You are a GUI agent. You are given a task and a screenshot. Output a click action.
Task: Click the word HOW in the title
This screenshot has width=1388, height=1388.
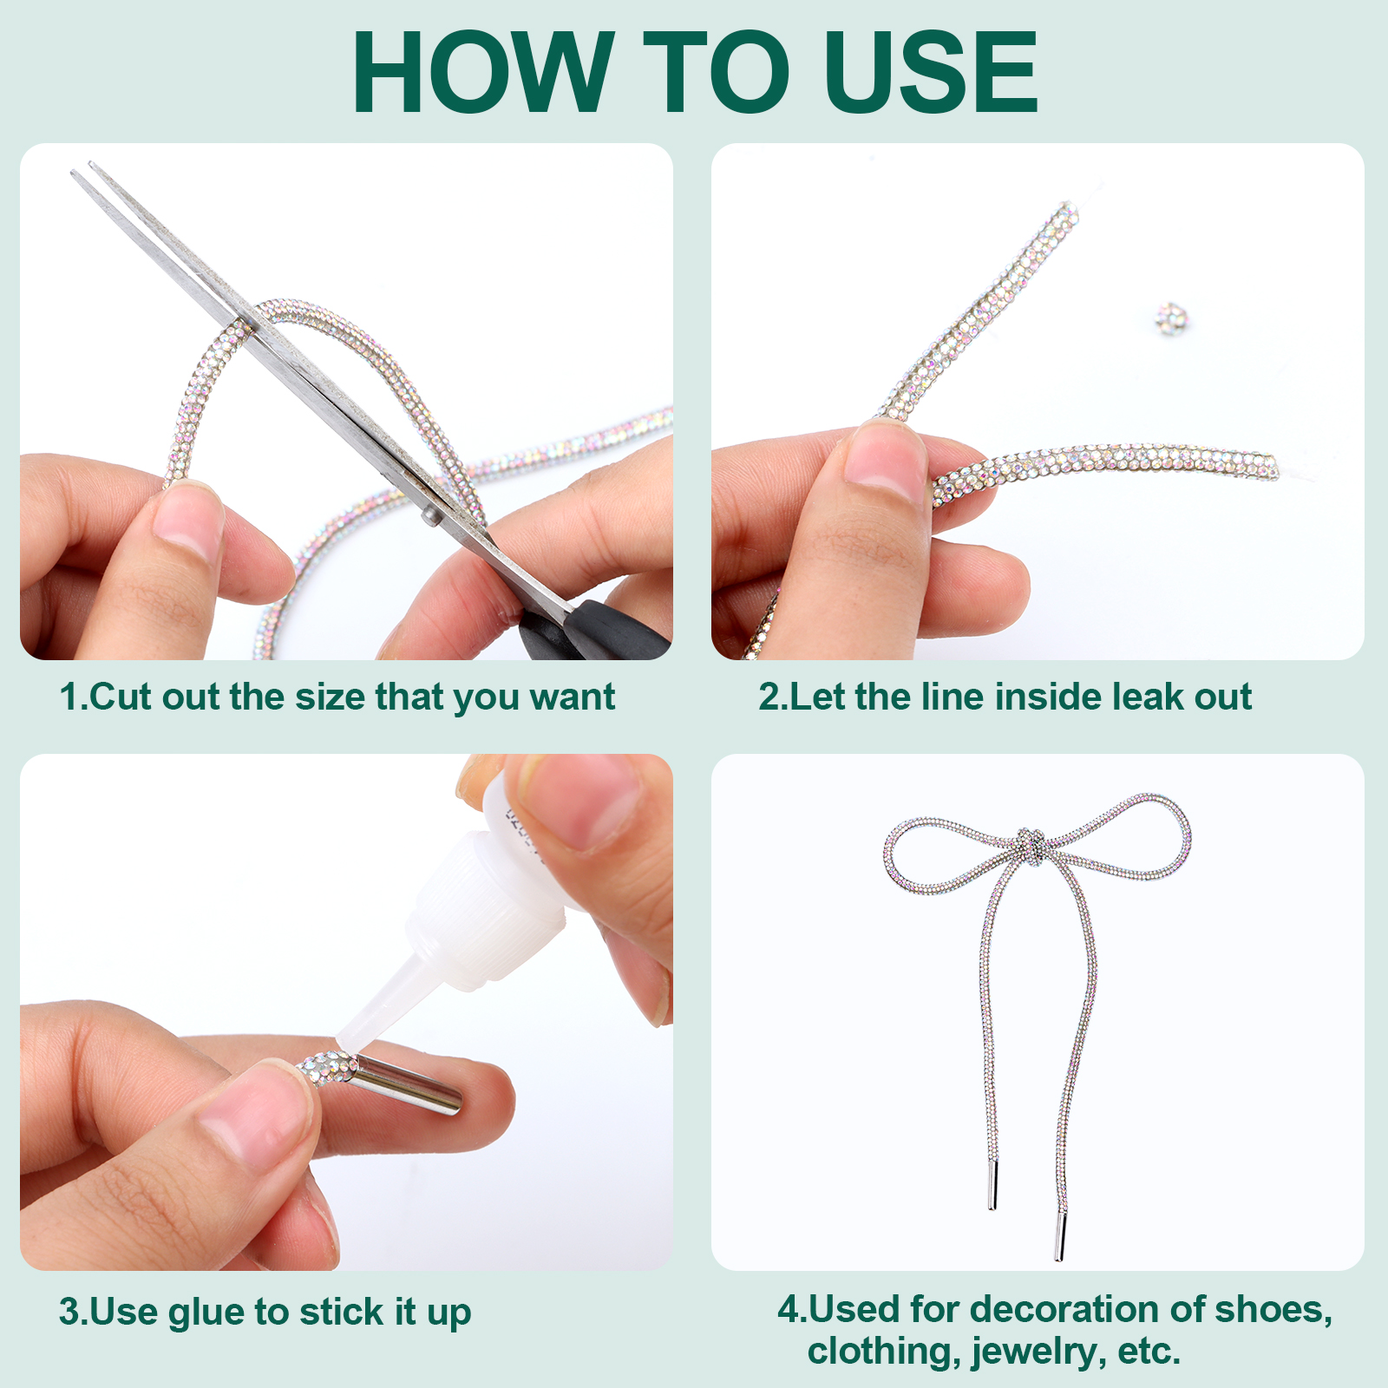click(483, 72)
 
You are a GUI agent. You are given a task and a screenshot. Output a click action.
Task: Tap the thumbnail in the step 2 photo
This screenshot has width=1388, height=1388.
click(884, 460)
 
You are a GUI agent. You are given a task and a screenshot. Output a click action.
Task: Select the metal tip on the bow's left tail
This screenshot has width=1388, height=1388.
click(993, 1186)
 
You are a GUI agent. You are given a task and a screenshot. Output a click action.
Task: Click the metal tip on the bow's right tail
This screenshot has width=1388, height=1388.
click(1059, 1235)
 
